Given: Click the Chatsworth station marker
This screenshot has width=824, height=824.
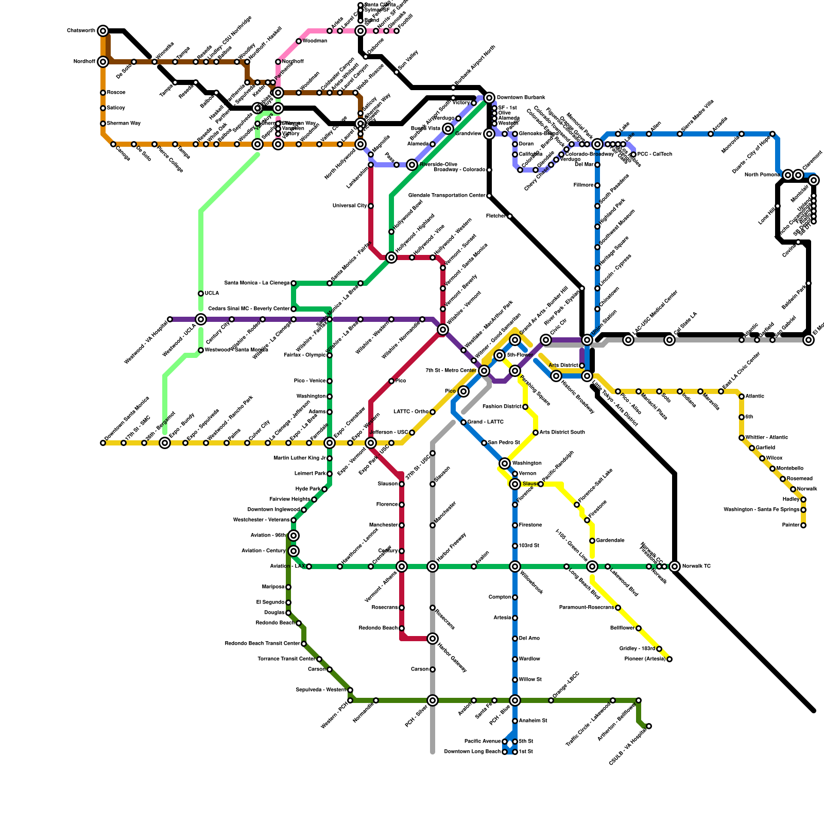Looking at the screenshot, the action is [x=103, y=31].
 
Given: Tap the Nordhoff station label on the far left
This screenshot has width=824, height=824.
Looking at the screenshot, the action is [x=84, y=62].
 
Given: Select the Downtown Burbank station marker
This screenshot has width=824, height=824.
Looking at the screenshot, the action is [x=489, y=98].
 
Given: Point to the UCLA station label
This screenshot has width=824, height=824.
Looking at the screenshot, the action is [x=212, y=294].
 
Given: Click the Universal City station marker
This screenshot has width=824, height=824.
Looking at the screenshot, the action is [x=371, y=206].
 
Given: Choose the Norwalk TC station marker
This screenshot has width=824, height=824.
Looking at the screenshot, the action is [x=675, y=566].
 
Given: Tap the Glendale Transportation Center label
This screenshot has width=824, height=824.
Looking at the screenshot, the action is [x=447, y=196].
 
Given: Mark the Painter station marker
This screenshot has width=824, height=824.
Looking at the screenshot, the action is [x=803, y=525].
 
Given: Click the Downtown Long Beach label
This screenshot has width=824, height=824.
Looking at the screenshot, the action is [x=472, y=752].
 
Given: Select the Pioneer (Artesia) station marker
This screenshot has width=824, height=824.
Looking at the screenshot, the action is [x=669, y=659].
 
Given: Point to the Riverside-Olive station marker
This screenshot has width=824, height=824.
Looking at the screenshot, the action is [x=412, y=165].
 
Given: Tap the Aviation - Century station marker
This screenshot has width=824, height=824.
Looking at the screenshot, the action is [x=294, y=551].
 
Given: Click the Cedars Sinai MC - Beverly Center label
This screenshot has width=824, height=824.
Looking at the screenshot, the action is [x=249, y=309].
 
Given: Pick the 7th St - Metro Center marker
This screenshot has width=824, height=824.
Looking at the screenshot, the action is [x=484, y=371].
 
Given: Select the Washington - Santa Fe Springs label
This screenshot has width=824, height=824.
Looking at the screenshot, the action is [x=761, y=510].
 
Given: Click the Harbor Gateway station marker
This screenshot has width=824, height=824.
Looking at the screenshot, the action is [x=433, y=639].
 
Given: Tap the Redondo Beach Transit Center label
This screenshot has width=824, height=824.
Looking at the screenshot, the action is [x=262, y=644].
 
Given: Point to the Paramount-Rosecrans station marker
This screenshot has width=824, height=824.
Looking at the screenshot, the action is [x=618, y=608].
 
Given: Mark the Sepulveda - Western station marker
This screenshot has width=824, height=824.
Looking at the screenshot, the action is [x=350, y=690].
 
